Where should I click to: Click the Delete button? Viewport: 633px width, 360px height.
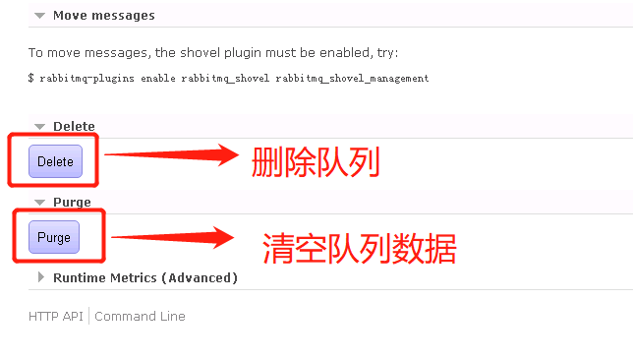[x=55, y=161]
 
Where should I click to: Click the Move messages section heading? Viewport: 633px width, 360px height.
[x=103, y=15]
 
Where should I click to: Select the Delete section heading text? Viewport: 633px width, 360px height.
[x=74, y=126]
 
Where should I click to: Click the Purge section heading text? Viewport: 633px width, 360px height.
[x=72, y=202]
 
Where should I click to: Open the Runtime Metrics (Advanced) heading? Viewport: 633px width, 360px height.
[x=144, y=277]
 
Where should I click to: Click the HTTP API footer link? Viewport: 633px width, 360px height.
[x=56, y=316]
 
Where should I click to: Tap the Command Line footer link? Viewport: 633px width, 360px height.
[x=140, y=316]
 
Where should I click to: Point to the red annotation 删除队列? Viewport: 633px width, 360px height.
[x=315, y=160]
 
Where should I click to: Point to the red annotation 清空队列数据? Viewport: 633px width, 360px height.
[x=359, y=247]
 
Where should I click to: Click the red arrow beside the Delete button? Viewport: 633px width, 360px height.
[x=171, y=154]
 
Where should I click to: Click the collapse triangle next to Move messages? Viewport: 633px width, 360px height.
[x=39, y=16]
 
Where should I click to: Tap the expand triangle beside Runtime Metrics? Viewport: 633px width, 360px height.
[x=40, y=277]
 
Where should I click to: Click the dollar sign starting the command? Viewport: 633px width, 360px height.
[x=31, y=78]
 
